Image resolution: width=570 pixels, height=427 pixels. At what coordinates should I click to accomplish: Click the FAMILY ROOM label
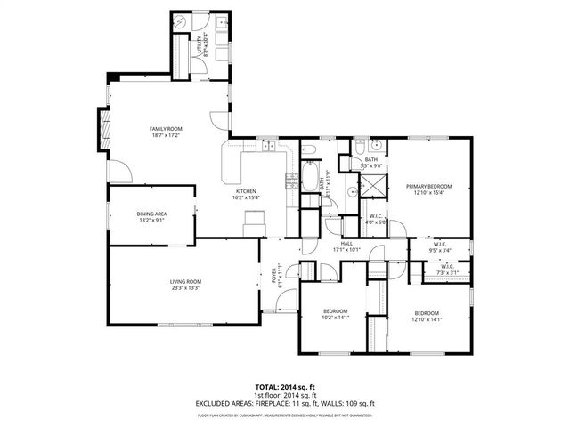[166, 129]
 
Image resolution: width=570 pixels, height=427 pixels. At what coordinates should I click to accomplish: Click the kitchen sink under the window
[266, 144]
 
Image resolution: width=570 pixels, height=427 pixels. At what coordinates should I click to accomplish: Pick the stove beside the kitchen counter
[290, 181]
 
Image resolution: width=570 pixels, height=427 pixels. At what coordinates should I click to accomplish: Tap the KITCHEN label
[247, 191]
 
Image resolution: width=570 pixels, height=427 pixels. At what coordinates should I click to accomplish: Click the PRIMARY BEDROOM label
[429, 186]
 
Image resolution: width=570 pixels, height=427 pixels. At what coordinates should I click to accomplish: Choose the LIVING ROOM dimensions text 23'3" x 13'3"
[185, 288]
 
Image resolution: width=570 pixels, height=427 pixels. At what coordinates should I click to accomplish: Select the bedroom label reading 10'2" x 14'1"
[337, 317]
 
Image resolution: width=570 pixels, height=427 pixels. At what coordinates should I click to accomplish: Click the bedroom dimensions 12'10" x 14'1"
[427, 319]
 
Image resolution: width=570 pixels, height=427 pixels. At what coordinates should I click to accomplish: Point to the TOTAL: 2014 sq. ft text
[285, 387]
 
